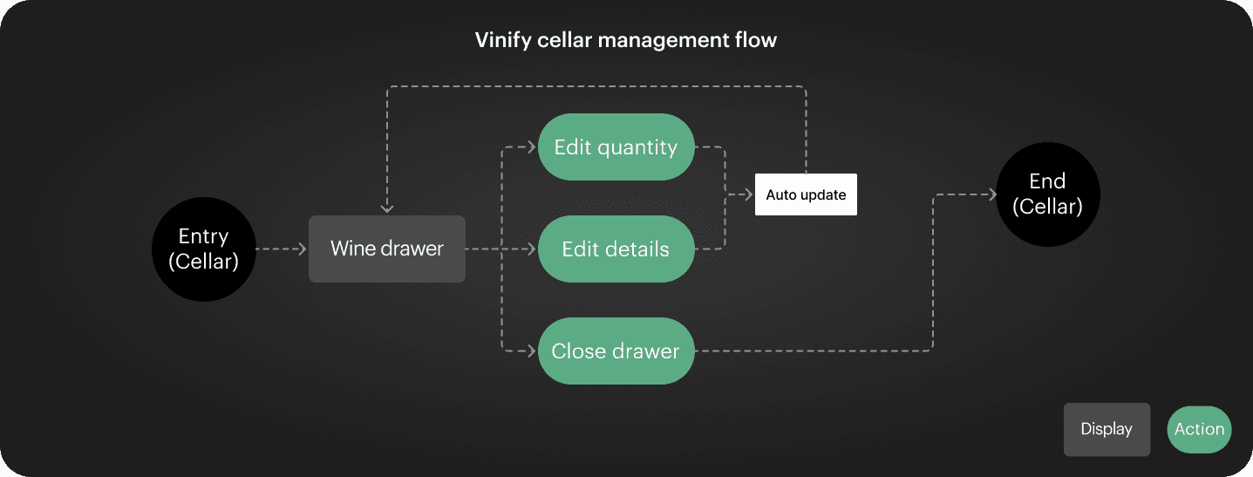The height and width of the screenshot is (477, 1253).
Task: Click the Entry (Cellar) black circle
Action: point(203,249)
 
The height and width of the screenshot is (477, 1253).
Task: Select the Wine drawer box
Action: point(387,249)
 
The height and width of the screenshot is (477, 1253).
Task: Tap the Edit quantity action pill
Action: point(616,147)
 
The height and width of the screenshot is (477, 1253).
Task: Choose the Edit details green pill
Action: point(616,249)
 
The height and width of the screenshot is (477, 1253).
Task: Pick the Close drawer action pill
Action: point(616,351)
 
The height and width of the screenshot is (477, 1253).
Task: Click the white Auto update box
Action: point(806,194)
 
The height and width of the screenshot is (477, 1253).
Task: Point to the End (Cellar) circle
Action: point(1047,194)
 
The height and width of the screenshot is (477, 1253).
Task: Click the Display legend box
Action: point(1107,429)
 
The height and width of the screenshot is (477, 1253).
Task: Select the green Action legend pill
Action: point(1199,429)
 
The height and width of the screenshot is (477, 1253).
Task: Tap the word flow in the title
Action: point(755,40)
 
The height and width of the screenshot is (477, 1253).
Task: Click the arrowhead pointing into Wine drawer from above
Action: point(387,208)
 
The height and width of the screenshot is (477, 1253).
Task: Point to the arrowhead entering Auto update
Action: point(748,194)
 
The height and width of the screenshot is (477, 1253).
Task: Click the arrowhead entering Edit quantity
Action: point(531,147)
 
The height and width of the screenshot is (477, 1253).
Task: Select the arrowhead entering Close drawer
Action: point(531,351)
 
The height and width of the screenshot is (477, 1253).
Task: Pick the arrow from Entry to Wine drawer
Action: point(282,249)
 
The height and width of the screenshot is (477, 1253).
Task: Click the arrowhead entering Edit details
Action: point(531,249)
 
